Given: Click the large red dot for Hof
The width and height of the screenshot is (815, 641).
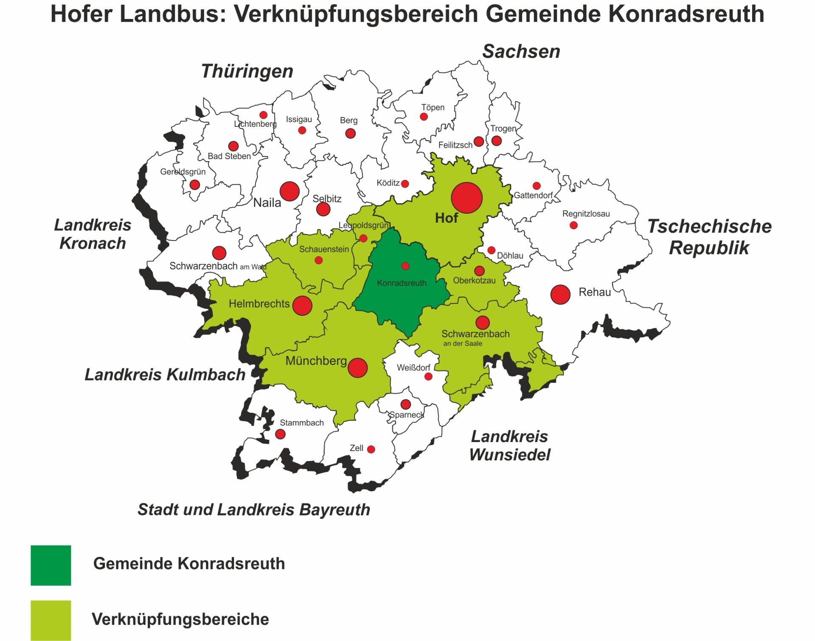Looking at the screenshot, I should pos(467,198).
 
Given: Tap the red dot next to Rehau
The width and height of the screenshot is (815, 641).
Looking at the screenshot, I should pos(560,294).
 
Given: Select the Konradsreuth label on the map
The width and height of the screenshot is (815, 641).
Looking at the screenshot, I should pos(402,283).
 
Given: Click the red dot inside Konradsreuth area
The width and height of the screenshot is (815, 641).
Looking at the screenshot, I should pos(405,266).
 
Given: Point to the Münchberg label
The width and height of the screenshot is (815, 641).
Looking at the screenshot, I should pos(316,361).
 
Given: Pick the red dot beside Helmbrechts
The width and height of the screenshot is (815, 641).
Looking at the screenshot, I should pos(302,305).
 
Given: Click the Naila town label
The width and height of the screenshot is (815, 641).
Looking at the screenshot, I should pos(267,203).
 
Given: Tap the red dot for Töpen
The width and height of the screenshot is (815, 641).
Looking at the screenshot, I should pos(424,117).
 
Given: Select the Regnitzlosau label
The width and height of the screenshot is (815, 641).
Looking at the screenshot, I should pos(586,214).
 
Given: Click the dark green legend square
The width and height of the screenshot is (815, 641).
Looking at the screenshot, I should pos(51,565).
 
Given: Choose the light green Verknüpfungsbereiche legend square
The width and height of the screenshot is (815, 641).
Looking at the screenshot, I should pos(51,620).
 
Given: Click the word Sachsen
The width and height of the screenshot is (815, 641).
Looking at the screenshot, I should pos(521,52).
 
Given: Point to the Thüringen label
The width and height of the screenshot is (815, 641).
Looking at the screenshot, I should pos(247,71).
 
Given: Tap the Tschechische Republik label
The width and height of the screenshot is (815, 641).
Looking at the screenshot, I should pos(709,237).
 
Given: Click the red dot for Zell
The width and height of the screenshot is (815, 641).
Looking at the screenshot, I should pos(371,449).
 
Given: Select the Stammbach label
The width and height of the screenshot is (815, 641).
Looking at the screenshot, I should pos(301,423).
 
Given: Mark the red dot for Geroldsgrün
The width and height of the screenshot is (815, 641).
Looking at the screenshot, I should pos(195,185).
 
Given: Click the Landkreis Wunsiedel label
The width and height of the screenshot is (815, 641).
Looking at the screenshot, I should pos(509,445).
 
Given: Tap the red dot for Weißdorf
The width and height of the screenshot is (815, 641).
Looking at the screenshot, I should pos(428,376).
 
